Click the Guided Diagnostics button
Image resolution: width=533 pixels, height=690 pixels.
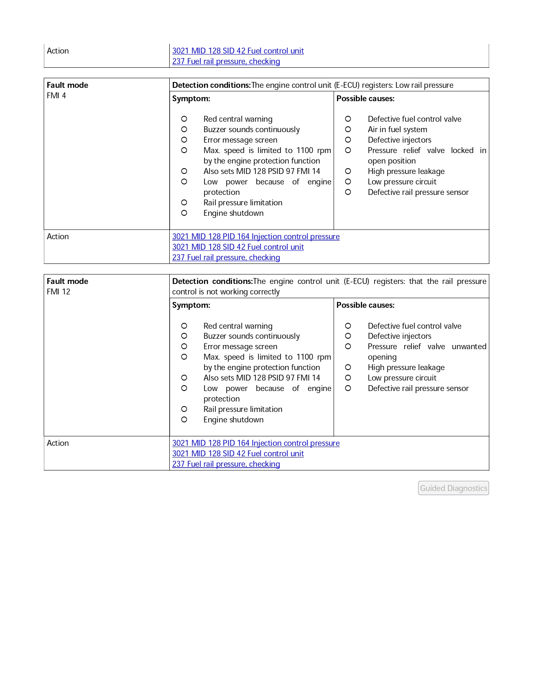point(453,488)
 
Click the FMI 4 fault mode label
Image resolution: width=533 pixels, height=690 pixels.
point(56,96)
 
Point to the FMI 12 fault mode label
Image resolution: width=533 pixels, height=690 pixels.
point(59,292)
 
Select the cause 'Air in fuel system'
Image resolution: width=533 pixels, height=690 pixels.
point(397,130)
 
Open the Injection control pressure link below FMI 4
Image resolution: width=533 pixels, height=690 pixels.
point(256,237)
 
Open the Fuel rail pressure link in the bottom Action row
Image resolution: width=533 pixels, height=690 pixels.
point(226,464)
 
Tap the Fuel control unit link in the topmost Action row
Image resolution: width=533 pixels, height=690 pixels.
point(238,51)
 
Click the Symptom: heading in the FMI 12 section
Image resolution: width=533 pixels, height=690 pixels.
point(191,305)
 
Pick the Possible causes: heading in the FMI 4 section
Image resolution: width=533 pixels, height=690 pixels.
point(365,99)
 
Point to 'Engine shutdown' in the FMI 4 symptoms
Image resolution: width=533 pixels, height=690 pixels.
point(233,213)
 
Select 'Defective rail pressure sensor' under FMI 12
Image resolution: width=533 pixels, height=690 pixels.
point(418,388)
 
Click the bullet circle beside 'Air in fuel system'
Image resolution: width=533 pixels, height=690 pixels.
point(348,130)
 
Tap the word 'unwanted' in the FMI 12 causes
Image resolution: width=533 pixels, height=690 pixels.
point(469,347)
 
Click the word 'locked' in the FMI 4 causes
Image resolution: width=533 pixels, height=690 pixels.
point(462,151)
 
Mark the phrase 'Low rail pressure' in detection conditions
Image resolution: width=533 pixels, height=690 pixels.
point(424,85)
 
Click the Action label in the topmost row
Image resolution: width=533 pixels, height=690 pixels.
point(58,51)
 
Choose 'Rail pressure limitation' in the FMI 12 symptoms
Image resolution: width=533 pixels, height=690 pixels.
point(243,409)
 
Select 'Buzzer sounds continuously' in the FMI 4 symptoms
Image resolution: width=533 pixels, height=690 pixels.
point(251,130)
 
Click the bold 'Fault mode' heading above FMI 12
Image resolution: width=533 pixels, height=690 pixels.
point(67,281)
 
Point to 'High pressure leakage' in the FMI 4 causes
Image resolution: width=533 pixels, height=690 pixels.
point(406,171)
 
